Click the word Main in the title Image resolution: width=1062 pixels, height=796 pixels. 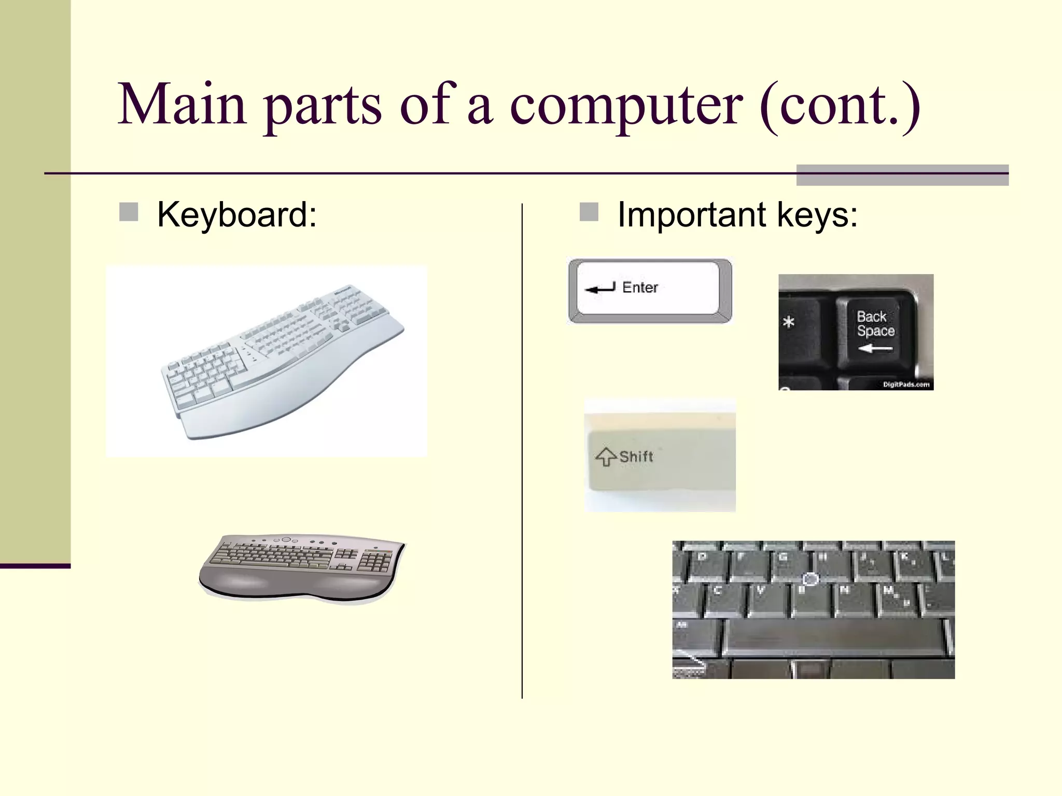pyautogui.click(x=181, y=105)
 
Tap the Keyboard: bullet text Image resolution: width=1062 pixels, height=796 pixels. pyautogui.click(x=236, y=215)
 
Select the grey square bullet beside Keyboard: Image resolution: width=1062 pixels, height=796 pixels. pyautogui.click(x=129, y=212)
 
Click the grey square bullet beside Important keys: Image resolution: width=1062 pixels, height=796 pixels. pyautogui.click(x=589, y=212)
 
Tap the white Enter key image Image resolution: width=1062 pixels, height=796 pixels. pyautogui.click(x=650, y=290)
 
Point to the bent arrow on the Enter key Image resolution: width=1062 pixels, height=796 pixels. pyautogui.click(x=600, y=288)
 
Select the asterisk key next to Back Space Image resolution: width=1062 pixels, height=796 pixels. pyautogui.click(x=789, y=323)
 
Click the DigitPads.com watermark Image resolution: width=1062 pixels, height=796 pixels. pyautogui.click(x=906, y=385)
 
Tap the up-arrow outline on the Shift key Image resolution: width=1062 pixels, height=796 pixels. pyautogui.click(x=606, y=457)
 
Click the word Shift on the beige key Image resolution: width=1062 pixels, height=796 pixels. pyautogui.click(x=636, y=457)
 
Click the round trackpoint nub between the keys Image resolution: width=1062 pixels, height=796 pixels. pyautogui.click(x=811, y=579)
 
